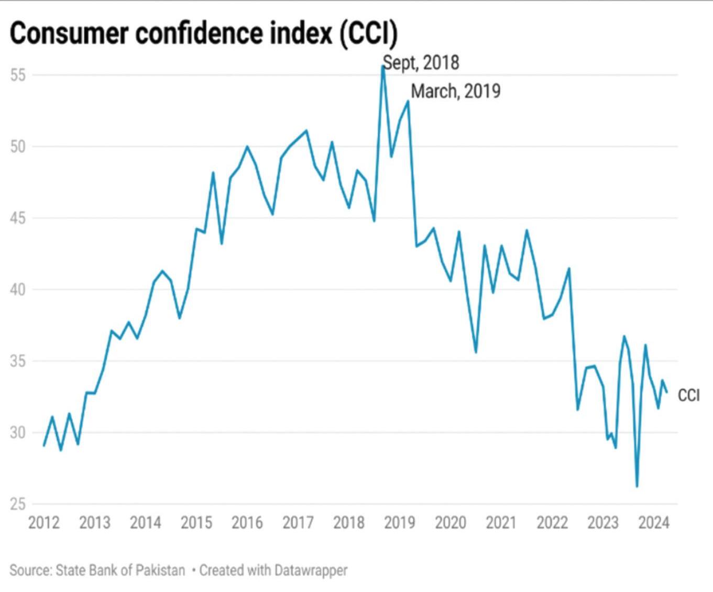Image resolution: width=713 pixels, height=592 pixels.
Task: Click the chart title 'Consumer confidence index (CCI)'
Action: [x=203, y=33]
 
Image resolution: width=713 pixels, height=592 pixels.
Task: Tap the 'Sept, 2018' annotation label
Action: [x=421, y=63]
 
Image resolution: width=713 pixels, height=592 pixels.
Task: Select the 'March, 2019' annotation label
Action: [x=455, y=91]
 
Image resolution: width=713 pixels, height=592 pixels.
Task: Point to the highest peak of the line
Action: [x=383, y=66]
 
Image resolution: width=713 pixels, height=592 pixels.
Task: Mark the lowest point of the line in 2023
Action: [x=637, y=486]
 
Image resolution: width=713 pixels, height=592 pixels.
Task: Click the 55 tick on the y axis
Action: [x=18, y=75]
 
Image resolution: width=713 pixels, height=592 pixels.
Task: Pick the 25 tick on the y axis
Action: [x=18, y=504]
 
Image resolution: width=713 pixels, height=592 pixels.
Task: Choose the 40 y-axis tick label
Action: [x=18, y=289]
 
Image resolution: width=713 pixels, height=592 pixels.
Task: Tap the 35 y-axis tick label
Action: [x=18, y=361]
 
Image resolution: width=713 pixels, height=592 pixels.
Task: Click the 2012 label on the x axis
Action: [x=44, y=522]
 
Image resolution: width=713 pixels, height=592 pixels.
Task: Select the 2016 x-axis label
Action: [x=247, y=522]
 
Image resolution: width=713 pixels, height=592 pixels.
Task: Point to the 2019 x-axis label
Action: [x=400, y=522]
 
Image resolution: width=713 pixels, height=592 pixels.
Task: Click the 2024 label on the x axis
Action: [x=654, y=522]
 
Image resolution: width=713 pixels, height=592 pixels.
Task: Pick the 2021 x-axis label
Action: [x=501, y=522]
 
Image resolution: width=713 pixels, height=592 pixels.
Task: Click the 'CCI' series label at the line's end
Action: [x=688, y=395]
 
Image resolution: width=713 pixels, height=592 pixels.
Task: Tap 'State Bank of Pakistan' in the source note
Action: [x=120, y=570]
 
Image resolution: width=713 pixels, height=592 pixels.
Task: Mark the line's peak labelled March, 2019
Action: [x=408, y=101]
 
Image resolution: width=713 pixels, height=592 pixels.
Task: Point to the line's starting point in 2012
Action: [x=44, y=445]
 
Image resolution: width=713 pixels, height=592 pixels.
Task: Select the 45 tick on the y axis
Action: [x=18, y=218]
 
